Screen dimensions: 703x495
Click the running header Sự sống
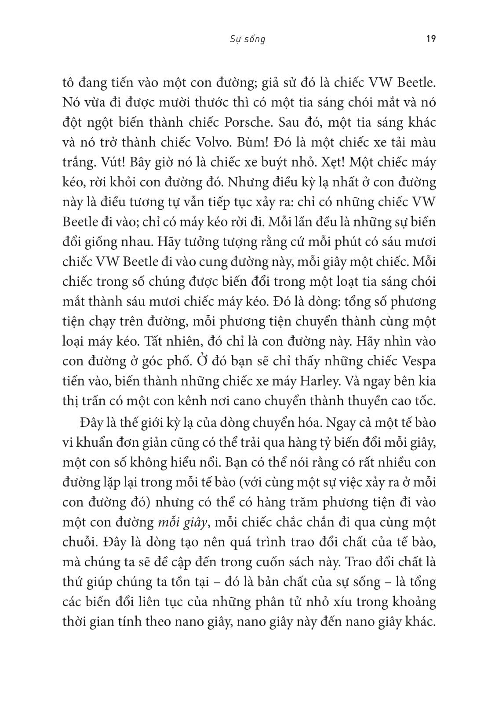point(247,39)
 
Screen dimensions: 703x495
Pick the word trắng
point(76,163)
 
